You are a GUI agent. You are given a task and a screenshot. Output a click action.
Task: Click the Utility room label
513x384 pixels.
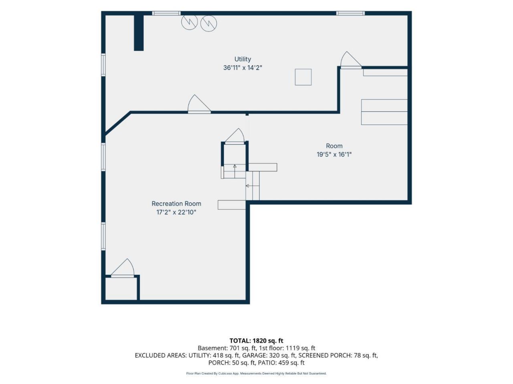(242, 59)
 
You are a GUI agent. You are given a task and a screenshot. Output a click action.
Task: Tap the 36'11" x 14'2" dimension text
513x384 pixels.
(242, 68)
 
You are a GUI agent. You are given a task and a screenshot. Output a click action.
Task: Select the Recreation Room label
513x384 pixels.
(176, 204)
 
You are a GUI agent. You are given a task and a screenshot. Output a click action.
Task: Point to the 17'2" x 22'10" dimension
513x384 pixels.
(176, 212)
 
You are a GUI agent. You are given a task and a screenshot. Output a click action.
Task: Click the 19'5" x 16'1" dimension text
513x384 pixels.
(334, 154)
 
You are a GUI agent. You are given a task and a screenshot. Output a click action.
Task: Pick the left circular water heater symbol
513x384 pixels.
(190, 22)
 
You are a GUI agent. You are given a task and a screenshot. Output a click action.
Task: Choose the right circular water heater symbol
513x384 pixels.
(208, 23)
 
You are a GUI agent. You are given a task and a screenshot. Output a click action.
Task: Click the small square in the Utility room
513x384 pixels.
(303, 77)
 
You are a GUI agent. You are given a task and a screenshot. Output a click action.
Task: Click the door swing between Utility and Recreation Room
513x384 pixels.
(199, 104)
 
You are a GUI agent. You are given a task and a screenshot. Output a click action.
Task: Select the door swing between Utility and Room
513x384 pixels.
(351, 60)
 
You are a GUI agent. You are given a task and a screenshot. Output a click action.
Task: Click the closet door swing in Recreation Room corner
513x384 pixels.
(123, 268)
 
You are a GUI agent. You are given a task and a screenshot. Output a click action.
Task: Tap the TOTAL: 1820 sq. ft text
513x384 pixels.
(256, 341)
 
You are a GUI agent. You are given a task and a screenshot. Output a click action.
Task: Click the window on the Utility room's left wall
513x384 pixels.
(103, 64)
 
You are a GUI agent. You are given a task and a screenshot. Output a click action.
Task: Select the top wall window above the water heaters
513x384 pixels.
(166, 13)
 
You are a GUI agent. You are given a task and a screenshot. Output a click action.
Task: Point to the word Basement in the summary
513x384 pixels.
(212, 348)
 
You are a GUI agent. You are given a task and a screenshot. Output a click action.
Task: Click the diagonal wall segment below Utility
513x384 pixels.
(117, 123)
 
